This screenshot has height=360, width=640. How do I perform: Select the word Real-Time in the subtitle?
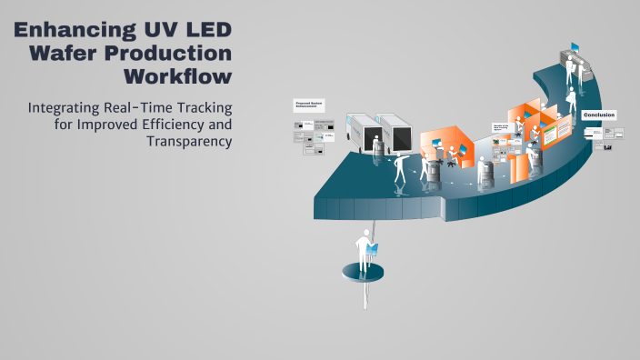149,107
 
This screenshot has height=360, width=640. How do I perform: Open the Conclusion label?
599,115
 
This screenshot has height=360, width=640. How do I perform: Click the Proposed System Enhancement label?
308,105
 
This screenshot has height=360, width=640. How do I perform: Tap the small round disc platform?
364,271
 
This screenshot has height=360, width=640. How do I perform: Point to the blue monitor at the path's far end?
575,47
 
